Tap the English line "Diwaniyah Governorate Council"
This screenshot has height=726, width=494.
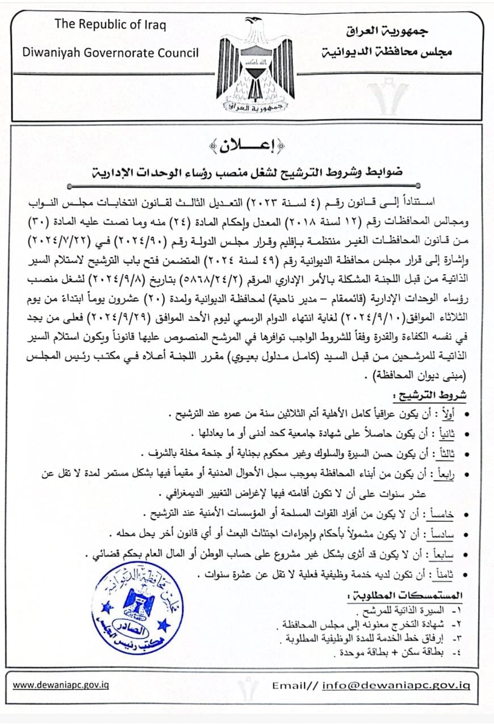(110, 53)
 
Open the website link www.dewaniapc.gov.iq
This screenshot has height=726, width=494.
(61, 685)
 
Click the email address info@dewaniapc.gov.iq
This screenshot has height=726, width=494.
(396, 685)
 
